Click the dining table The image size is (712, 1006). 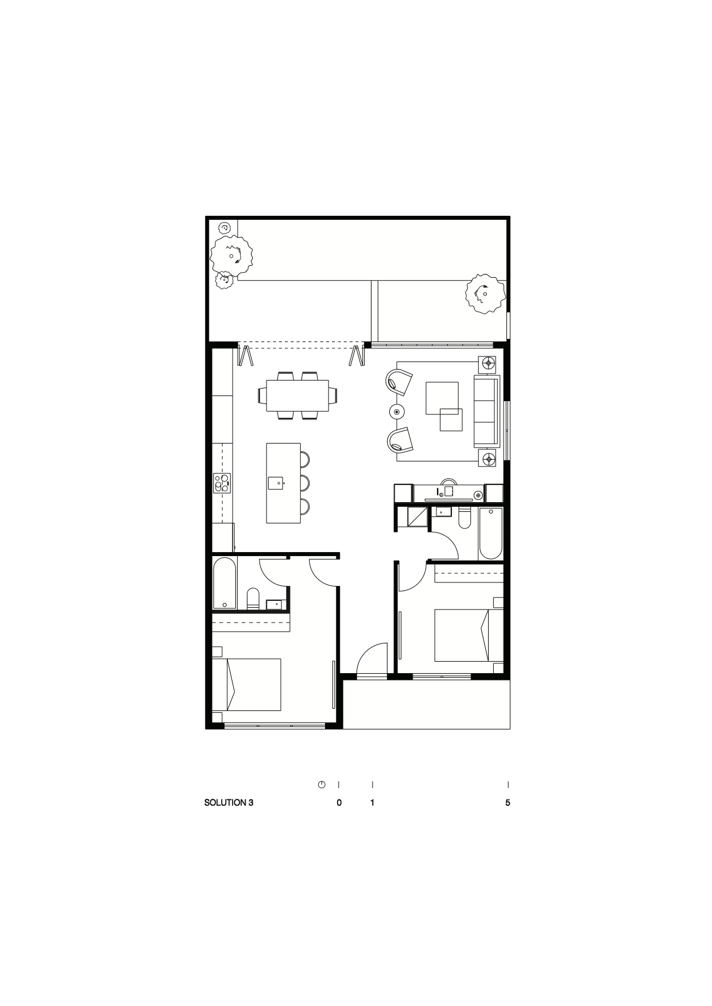(x=297, y=395)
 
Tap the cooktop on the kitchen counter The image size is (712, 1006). (x=222, y=483)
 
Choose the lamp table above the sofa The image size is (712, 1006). (x=488, y=363)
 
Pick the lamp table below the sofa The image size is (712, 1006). (x=488, y=459)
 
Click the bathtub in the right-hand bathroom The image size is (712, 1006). (x=490, y=533)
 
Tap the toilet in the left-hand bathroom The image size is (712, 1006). (x=253, y=599)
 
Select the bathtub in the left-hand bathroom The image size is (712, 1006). (x=225, y=583)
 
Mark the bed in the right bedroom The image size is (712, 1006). (x=469, y=635)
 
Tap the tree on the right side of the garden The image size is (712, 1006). (x=485, y=294)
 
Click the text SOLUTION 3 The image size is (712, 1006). (x=229, y=803)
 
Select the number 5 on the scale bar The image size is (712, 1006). (x=508, y=803)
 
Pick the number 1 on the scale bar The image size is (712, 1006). (x=373, y=803)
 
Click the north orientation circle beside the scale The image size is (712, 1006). (x=322, y=784)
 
